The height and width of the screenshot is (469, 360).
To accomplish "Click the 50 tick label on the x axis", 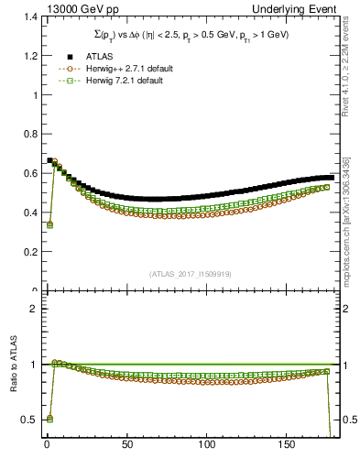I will (x=126, y=446).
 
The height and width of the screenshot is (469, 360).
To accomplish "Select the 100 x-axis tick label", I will (x=207, y=446).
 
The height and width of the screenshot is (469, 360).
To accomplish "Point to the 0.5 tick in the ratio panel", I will (x=24, y=420).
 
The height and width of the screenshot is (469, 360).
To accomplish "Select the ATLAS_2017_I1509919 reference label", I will (x=189, y=273).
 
